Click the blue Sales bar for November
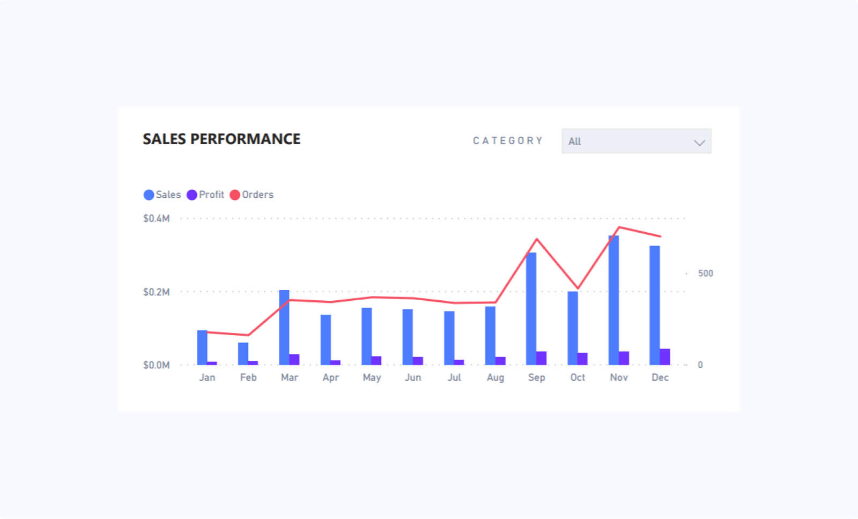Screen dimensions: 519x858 (613, 300)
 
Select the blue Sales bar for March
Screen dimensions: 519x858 (284, 327)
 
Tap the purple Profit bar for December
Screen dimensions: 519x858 (665, 357)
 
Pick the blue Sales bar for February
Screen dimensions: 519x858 (243, 354)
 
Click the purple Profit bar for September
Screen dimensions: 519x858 (542, 358)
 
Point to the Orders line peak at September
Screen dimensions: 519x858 (537, 239)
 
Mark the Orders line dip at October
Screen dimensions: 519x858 (578, 288)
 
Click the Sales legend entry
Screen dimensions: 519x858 (162, 195)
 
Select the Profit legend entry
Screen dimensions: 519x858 (205, 195)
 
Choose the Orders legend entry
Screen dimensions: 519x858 (252, 195)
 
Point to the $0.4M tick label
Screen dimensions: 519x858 (156, 218)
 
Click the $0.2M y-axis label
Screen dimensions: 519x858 (156, 292)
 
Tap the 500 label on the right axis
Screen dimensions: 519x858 (705, 273)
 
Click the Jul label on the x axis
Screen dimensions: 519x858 (454, 377)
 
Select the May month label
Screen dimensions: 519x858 (372, 377)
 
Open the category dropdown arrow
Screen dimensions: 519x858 (699, 143)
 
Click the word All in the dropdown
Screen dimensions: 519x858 (575, 142)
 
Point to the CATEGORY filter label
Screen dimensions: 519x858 (508, 140)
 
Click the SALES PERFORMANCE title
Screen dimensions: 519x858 (221, 139)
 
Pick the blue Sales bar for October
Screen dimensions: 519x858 (573, 328)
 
